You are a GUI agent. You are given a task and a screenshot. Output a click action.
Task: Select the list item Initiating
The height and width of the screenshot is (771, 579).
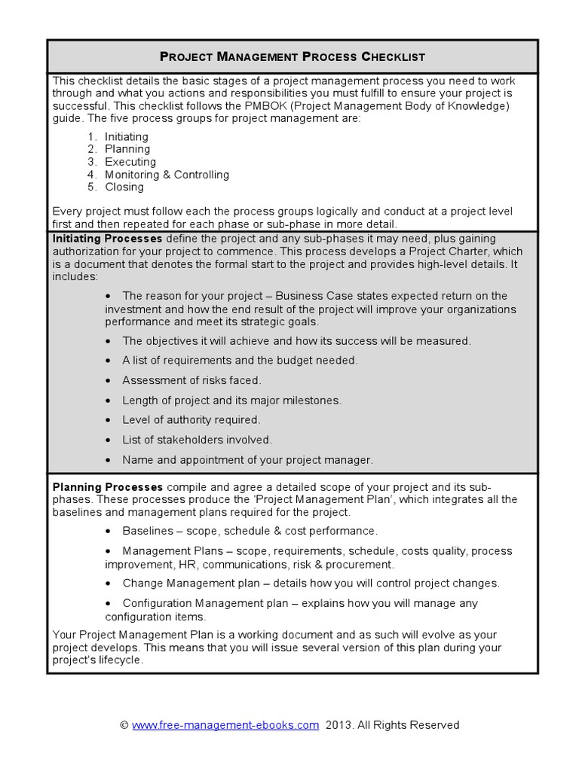click(x=127, y=136)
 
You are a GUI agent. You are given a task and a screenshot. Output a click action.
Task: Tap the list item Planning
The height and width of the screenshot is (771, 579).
click(x=127, y=149)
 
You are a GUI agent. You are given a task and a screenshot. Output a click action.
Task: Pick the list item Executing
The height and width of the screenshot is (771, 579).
click(x=130, y=162)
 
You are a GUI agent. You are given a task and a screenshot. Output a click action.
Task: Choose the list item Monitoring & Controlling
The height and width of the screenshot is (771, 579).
click(x=167, y=175)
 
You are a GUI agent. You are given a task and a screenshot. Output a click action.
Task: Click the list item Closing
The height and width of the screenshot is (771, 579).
click(x=124, y=187)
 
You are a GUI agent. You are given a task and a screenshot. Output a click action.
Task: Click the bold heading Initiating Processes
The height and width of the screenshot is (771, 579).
click(x=107, y=238)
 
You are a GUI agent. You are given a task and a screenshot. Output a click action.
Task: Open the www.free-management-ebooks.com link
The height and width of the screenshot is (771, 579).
click(x=225, y=725)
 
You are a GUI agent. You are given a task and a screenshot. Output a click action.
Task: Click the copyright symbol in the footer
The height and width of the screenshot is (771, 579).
click(x=124, y=725)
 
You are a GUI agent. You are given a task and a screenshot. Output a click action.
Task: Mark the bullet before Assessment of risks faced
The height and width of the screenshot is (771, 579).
click(x=110, y=380)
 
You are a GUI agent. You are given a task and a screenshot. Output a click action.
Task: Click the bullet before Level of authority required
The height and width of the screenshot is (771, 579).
click(x=110, y=419)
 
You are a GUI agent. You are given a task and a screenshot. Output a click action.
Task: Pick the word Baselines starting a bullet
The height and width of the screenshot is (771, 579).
click(x=148, y=531)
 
